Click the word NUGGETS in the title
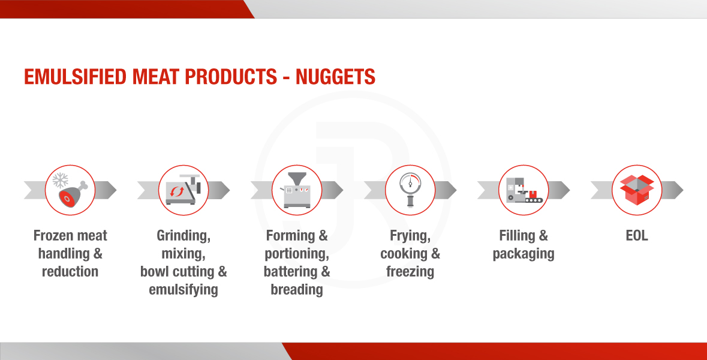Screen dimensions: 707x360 [335, 77]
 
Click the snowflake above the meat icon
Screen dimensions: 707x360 [61, 180]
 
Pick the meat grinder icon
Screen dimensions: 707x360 [183, 190]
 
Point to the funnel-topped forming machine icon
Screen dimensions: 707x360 [297, 190]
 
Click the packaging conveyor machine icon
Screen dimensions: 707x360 [524, 190]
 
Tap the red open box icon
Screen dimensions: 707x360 [637, 190]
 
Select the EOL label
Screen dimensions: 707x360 [637, 235]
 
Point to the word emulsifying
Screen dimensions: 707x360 [183, 290]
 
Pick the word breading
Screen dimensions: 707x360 [297, 290]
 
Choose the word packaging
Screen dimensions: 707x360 [524, 254]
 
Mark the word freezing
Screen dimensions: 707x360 [410, 272]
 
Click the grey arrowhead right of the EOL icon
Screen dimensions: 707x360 [673, 190]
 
